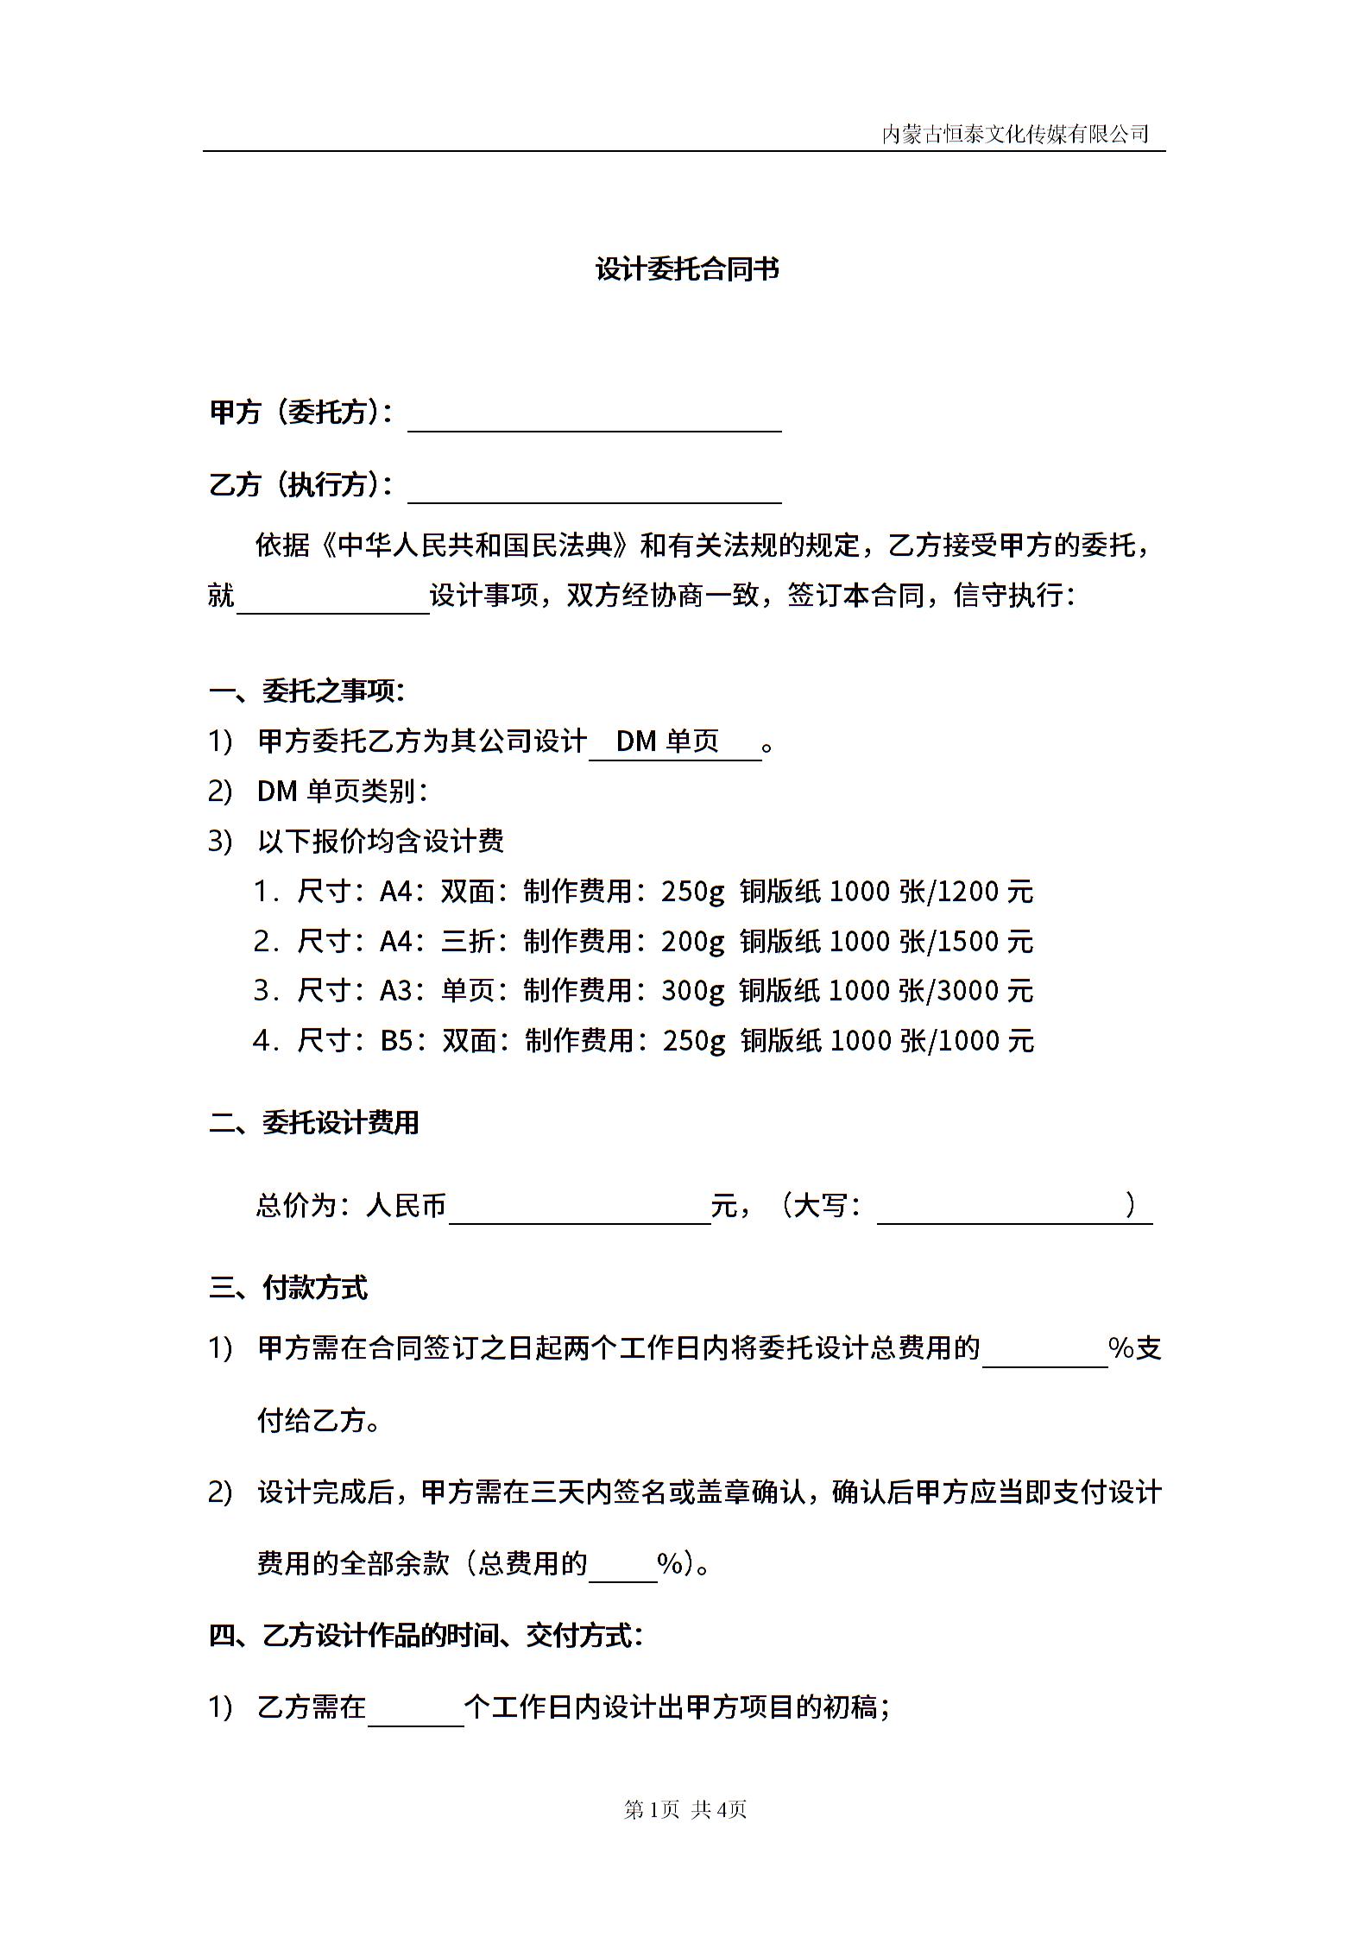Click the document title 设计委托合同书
[x=687, y=269]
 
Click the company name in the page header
[x=1015, y=134]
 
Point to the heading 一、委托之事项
[x=306, y=691]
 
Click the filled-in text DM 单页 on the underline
[x=667, y=741]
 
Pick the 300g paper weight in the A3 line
[x=693, y=991]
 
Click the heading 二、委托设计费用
[x=314, y=1122]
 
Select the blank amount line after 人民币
[x=579, y=1209]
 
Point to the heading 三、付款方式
[x=288, y=1288]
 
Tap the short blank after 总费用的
[x=622, y=1567]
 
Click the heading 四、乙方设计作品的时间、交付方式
[x=426, y=1635]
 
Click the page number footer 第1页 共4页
[x=684, y=1809]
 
